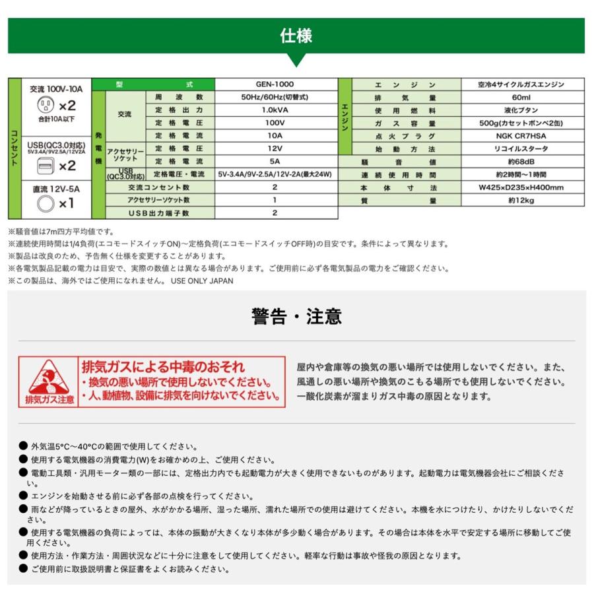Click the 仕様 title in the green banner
pyautogui.click(x=296, y=36)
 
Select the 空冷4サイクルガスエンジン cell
pyautogui.click(x=521, y=84)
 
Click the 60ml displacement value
pyautogui.click(x=521, y=97)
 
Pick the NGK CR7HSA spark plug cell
pyautogui.click(x=521, y=136)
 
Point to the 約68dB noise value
pyautogui.click(x=521, y=162)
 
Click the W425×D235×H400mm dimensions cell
pyautogui.click(x=521, y=187)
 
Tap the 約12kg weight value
pyautogui.click(x=521, y=200)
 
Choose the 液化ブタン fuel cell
pyautogui.click(x=521, y=110)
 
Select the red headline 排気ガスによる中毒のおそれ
pyautogui.click(x=162, y=367)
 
